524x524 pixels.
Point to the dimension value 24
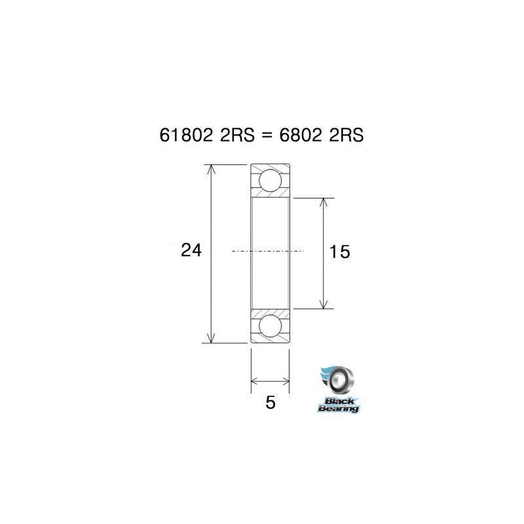pos(191,250)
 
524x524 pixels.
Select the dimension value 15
pos(341,252)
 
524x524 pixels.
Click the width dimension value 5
pos(270,402)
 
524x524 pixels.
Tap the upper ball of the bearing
pos(270,180)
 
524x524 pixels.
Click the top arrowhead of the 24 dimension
pos(210,170)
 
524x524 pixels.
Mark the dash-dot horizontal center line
pos(269,251)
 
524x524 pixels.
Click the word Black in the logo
pos(339,401)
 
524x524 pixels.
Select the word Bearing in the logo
pos(339,409)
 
